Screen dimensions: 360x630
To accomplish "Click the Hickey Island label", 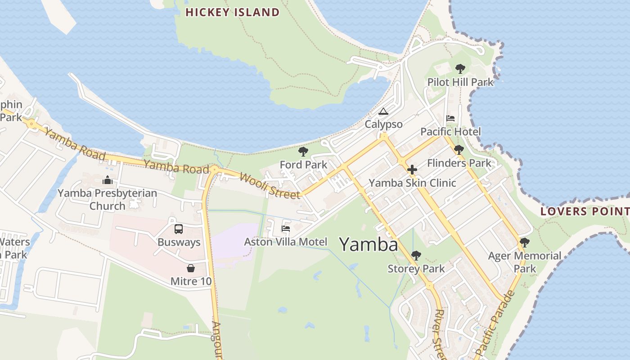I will coord(232,12).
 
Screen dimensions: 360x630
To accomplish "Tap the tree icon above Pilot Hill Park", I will coord(460,69).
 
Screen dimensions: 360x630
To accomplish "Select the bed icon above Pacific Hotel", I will coord(450,118).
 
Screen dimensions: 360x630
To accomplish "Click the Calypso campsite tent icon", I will coord(383,111).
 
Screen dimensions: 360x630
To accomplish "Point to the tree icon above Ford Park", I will coord(303,152).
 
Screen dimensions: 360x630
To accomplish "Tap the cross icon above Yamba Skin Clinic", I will coord(412,170).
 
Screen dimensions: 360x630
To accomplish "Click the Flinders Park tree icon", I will coord(459,150).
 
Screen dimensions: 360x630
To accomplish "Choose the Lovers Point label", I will coord(585,211).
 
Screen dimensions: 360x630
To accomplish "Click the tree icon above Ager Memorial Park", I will coord(524,243).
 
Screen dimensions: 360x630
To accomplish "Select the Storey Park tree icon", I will coord(416,256).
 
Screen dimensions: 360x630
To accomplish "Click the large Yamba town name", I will coord(369,245).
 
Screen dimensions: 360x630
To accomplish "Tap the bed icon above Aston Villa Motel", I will coord(285,229).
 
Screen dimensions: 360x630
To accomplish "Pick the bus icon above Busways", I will coord(179,229).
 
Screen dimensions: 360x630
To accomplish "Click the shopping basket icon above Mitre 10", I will coord(191,269).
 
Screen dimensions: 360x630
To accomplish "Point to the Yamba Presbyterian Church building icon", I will coord(108,180).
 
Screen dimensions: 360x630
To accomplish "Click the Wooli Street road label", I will coord(270,185).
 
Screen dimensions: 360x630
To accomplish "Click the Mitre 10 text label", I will coord(191,282).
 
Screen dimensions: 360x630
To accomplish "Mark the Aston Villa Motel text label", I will coord(285,242).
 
